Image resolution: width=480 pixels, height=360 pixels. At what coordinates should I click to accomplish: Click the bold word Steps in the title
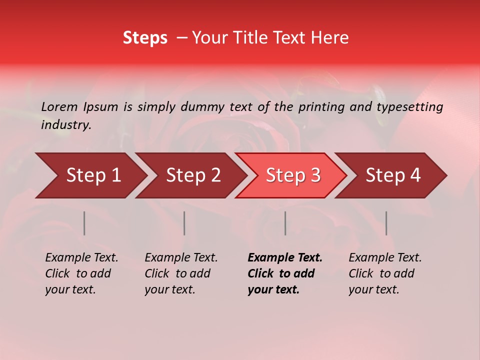[145, 38]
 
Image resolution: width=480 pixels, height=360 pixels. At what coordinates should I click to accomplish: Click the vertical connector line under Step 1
[84, 223]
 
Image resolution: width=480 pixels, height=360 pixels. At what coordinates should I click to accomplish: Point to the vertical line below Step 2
[184, 223]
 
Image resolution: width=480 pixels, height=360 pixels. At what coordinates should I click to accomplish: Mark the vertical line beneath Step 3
[285, 223]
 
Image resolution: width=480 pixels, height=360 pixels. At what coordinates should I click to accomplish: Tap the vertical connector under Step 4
[386, 223]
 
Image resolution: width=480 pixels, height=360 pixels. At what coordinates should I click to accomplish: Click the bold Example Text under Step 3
[285, 258]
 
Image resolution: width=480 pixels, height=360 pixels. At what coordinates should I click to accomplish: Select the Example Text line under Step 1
[81, 258]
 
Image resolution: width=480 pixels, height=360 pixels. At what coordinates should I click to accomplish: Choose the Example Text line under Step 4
[385, 258]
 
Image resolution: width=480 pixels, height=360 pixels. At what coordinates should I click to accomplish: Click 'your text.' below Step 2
[169, 289]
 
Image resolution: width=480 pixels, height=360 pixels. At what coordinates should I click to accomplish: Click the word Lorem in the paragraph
[59, 106]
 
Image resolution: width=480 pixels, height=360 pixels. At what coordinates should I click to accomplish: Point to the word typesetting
[409, 106]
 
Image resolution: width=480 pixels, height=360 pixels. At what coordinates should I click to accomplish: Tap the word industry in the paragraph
[65, 125]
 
